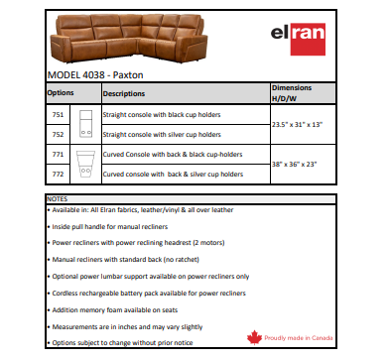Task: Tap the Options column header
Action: pyautogui.click(x=61, y=93)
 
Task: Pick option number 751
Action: pyautogui.click(x=57, y=114)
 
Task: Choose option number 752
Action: pyautogui.click(x=57, y=133)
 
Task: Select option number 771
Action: pyautogui.click(x=57, y=156)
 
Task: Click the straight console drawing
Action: pyautogui.click(x=85, y=123)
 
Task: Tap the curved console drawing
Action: pyautogui.click(x=85, y=165)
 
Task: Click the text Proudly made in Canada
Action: pyautogui.click(x=309, y=339)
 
